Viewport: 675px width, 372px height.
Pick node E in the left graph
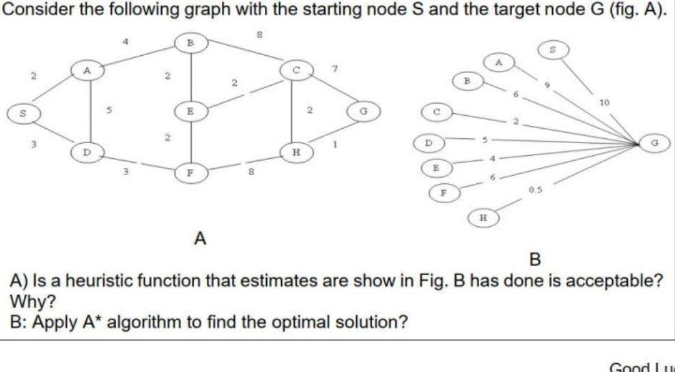point(192,110)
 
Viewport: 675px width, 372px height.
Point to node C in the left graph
point(296,68)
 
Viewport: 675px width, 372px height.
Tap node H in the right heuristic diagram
point(484,217)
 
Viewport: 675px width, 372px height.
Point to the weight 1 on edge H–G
point(335,144)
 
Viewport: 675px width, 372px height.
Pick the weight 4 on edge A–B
point(126,42)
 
